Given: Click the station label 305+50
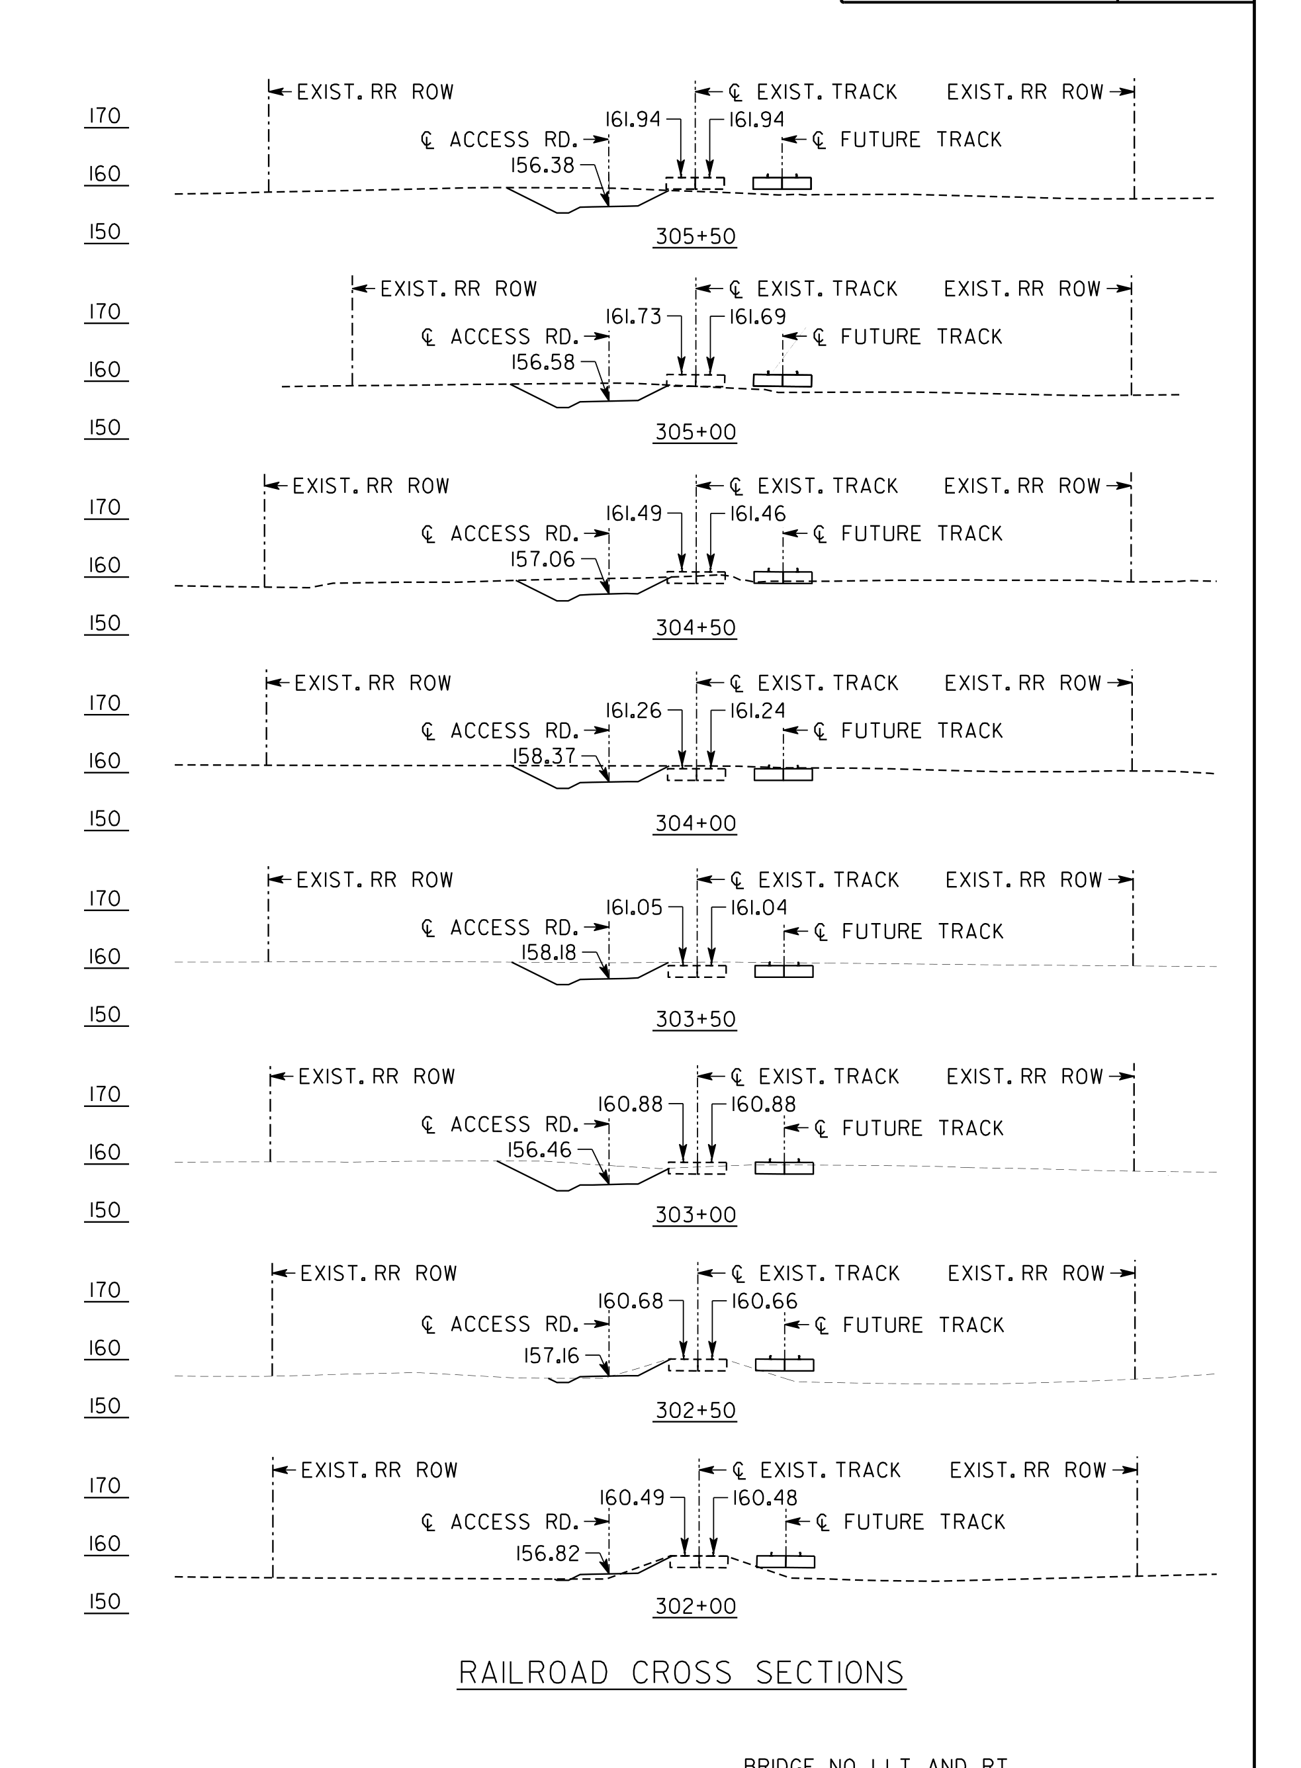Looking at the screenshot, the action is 695,236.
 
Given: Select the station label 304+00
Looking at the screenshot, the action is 695,824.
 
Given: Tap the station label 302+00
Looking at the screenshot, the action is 695,1606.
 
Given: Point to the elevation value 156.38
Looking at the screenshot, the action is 543,165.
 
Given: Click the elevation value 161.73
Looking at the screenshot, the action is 633,316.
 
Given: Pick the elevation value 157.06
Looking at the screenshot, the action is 543,559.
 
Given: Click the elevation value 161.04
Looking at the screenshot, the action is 758,907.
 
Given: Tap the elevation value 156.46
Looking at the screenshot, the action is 539,1150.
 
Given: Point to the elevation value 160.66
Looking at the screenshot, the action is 764,1301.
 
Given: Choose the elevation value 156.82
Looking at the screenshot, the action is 547,1553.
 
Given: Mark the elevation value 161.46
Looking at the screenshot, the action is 758,513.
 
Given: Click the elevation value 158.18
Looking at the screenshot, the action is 549,953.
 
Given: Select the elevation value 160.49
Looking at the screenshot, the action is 633,1497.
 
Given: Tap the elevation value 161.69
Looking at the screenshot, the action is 757,316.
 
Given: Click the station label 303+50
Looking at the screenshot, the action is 695,1019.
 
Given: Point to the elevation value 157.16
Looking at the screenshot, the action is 551,1356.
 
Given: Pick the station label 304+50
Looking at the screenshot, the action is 695,628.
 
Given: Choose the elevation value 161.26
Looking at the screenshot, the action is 633,711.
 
